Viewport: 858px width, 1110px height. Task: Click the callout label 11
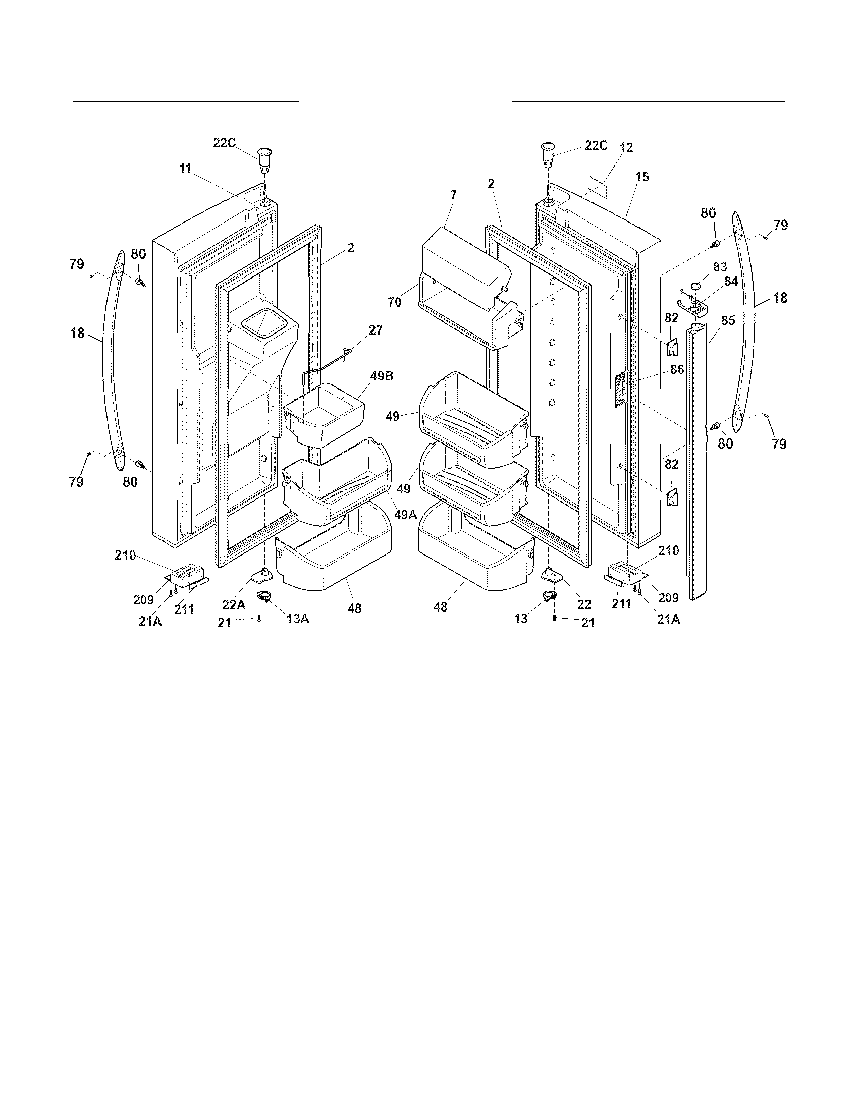(x=185, y=169)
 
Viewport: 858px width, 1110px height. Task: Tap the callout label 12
(x=626, y=148)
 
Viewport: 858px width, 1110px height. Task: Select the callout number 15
(x=642, y=177)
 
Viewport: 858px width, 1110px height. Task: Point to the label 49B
(x=381, y=376)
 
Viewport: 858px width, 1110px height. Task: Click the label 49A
(x=406, y=515)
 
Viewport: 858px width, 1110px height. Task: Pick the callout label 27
(x=376, y=330)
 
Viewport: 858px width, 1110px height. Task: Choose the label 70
(x=395, y=302)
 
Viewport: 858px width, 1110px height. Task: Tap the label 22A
(x=234, y=604)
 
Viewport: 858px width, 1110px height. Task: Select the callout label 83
(x=720, y=267)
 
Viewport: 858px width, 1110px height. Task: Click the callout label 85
(x=728, y=321)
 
